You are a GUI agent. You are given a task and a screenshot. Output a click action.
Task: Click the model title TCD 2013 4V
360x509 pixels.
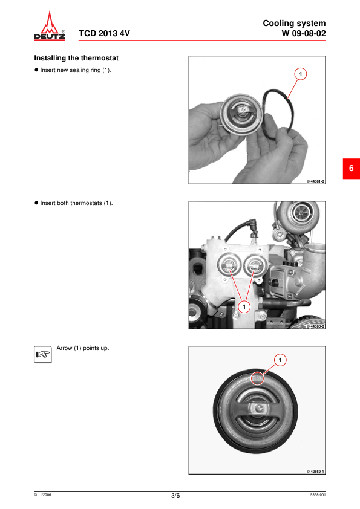coord(104,33)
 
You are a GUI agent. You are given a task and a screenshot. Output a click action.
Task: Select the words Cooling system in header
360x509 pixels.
coord(294,24)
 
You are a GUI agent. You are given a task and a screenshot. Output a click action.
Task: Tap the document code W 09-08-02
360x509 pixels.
coord(304,33)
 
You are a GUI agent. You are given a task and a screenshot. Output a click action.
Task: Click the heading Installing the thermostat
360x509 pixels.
coord(76,58)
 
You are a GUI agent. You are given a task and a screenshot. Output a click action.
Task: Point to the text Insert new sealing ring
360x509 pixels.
coord(71,70)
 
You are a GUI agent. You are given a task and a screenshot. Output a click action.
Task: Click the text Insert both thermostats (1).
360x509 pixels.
coord(76,203)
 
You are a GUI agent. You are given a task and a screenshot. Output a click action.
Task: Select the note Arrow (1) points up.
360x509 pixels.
coord(83,348)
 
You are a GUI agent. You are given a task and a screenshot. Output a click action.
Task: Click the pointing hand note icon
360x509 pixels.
coord(42,354)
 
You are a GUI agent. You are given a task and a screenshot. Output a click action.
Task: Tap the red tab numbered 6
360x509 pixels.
coord(352,169)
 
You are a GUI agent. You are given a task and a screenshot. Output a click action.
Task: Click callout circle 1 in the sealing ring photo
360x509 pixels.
coord(300,74)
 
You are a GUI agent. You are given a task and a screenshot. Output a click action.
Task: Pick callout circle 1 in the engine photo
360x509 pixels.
coord(244,306)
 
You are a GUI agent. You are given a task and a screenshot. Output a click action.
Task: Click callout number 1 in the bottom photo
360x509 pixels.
coord(280,360)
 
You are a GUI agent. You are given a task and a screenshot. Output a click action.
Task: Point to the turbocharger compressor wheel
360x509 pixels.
coord(301,213)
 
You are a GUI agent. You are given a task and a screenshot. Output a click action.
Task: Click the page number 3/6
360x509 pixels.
coord(175,496)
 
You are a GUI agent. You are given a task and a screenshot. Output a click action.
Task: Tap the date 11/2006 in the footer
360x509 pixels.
coord(42,495)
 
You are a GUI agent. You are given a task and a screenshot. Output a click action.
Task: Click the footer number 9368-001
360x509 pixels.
coord(318,495)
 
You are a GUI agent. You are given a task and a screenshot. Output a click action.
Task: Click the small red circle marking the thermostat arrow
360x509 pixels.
coord(257,378)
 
